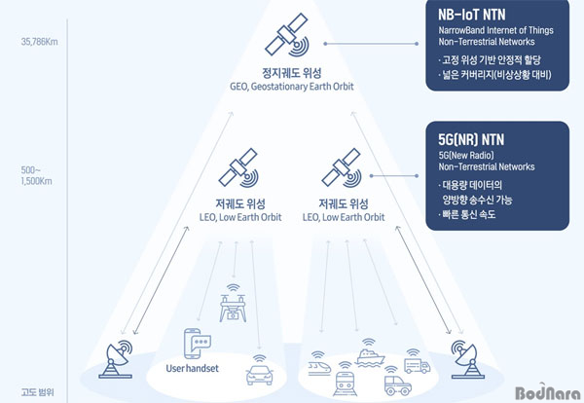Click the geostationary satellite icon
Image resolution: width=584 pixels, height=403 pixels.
(x=287, y=35)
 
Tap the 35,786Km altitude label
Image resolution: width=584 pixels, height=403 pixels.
(x=40, y=42)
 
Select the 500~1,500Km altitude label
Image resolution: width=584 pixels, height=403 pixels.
(x=37, y=176)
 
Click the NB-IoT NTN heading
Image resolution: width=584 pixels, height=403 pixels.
(x=471, y=15)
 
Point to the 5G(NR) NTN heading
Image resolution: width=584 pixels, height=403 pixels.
(x=471, y=139)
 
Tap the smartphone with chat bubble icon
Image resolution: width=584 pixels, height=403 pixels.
(x=198, y=344)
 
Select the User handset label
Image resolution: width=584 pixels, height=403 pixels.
(x=192, y=368)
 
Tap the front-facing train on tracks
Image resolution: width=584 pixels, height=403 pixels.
(x=346, y=380)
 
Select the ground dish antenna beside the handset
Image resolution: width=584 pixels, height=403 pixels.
(x=117, y=359)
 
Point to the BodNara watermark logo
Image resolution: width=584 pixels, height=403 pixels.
(x=548, y=392)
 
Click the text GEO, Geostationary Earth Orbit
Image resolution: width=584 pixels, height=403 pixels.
(x=292, y=87)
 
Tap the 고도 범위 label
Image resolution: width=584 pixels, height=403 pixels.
(x=38, y=392)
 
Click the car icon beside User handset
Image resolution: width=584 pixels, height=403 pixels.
(x=260, y=370)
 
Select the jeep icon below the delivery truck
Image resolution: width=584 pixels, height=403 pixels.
(x=398, y=381)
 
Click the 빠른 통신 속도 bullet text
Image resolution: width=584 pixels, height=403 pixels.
(x=467, y=214)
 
